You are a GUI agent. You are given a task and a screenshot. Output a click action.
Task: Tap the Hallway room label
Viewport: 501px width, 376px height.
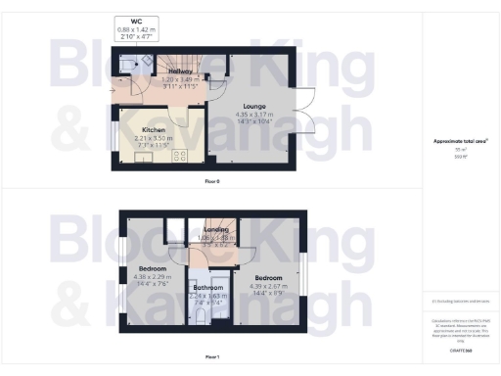[180, 71]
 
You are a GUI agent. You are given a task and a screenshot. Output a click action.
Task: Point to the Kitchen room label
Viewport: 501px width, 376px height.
[153, 129]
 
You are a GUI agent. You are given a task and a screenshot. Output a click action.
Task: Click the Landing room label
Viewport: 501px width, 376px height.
[216, 229]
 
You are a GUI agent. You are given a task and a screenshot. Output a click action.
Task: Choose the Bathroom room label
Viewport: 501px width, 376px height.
[207, 288]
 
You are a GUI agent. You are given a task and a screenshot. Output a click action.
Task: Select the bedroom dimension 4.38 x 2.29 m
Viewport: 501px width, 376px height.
[152, 275]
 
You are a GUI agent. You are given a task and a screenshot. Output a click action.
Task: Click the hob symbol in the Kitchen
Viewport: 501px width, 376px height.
[181, 155]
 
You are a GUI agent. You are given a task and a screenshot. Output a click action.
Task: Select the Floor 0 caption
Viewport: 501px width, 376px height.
[210, 182]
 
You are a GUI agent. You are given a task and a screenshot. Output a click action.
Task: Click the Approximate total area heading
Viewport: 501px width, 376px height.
[460, 142]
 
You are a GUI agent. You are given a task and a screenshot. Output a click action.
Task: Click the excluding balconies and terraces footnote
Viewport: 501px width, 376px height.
[460, 304]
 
